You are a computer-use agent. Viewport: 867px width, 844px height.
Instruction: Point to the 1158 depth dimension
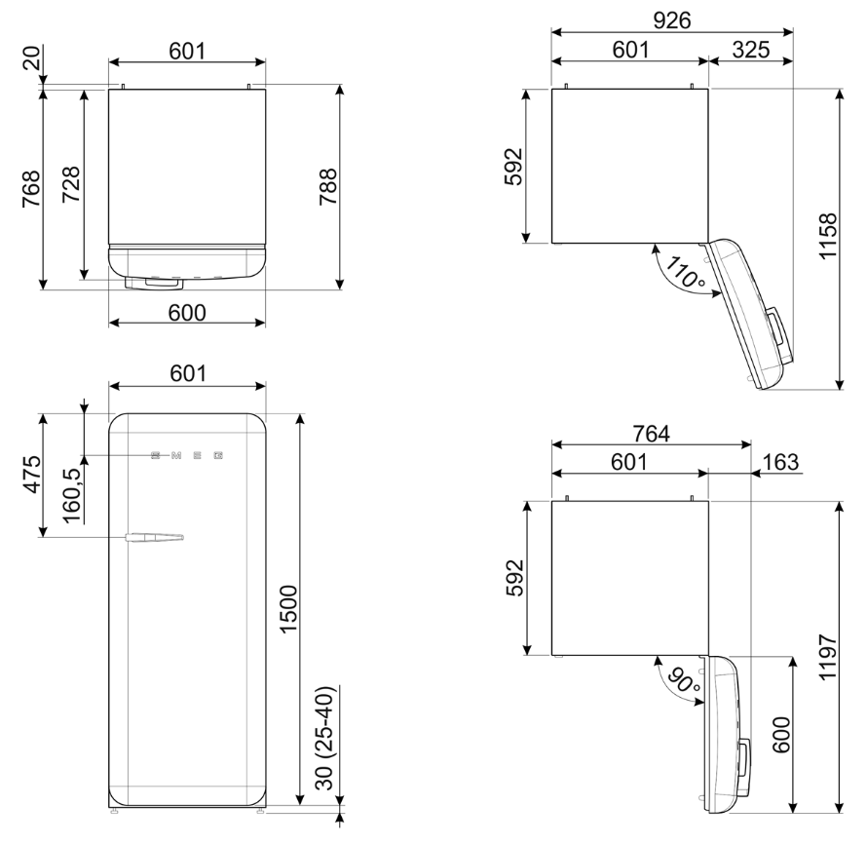[x=827, y=237]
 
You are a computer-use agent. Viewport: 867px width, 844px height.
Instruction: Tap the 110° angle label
[x=682, y=272]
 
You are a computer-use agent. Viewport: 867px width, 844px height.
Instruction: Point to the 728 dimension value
[x=71, y=185]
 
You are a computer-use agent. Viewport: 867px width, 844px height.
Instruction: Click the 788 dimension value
[x=328, y=185]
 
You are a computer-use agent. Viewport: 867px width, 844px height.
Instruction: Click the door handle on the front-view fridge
[x=154, y=536]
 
